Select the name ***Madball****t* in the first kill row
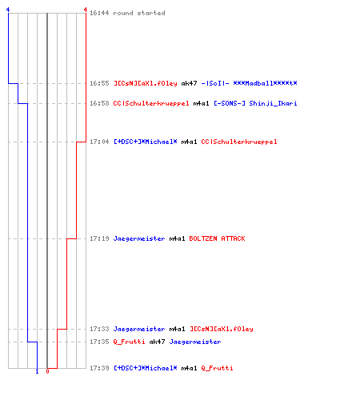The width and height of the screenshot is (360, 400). coord(265,83)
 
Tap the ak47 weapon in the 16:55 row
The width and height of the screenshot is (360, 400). coord(189,83)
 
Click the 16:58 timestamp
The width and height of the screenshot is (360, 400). coord(99,103)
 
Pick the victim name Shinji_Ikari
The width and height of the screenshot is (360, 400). coord(273,104)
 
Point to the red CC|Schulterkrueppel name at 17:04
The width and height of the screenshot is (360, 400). coord(239,142)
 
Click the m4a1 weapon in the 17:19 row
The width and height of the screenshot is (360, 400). coord(177,238)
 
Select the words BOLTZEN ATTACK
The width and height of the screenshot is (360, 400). coord(217,238)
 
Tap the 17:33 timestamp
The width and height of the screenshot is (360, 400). coord(99,329)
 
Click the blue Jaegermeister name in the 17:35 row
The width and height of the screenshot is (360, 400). coord(195,342)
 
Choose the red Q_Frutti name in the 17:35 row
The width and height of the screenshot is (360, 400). coord(129,342)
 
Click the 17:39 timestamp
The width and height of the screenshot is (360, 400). coord(99,368)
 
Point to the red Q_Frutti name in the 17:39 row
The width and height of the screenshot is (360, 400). coord(217,369)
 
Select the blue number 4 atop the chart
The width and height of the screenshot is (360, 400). coord(8,10)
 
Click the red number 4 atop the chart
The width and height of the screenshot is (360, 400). coord(86,10)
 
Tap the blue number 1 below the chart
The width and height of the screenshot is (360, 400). coord(37,371)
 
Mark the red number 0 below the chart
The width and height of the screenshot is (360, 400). coord(47,371)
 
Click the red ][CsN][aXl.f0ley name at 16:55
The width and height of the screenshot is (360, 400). coord(146,83)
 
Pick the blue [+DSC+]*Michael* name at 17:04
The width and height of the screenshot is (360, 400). coord(146,142)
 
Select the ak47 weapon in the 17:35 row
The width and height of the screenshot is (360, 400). coord(157,342)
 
